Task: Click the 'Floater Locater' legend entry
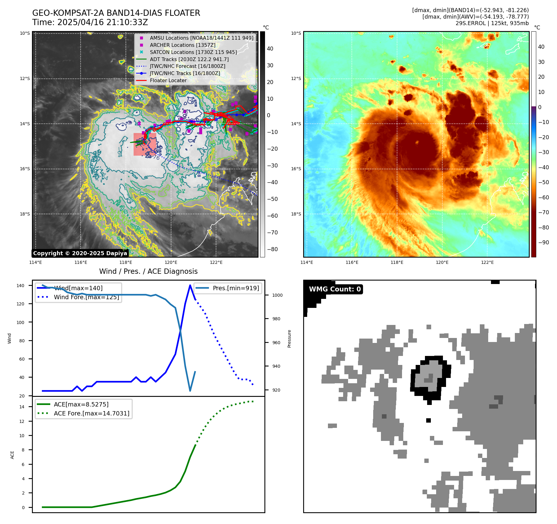(x=168, y=81)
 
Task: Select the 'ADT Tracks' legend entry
(x=189, y=59)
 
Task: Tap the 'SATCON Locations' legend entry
(x=193, y=52)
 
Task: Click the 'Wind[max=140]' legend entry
(x=78, y=288)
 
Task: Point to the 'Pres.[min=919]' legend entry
(x=236, y=288)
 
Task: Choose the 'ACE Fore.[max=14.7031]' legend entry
(x=91, y=413)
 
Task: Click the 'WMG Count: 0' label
(x=335, y=289)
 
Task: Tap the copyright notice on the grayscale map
(x=80, y=253)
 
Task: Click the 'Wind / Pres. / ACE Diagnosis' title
(x=148, y=272)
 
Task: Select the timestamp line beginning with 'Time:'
(x=90, y=23)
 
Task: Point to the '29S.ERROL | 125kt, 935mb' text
(x=492, y=23)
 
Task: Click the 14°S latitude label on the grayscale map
(x=25, y=124)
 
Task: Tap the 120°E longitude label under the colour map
(x=442, y=263)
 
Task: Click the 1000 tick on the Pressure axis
(x=277, y=295)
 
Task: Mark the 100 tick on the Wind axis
(x=20, y=322)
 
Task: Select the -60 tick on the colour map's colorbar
(x=543, y=198)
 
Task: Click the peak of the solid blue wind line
(x=190, y=285)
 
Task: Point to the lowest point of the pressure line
(x=190, y=391)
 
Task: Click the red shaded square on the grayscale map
(x=145, y=144)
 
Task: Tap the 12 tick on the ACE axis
(x=22, y=421)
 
